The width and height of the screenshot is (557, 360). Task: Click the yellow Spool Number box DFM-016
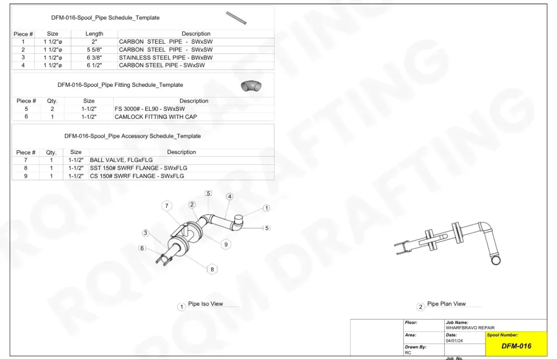tap(516, 344)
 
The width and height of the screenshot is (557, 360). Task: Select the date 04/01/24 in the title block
tap(454, 341)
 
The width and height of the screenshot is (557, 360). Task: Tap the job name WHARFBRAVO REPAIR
tap(470, 328)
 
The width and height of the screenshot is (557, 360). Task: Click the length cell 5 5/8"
tap(94, 50)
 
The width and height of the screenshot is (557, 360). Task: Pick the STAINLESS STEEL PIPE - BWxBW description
tap(166, 58)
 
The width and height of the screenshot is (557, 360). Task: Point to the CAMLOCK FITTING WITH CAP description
tap(155, 117)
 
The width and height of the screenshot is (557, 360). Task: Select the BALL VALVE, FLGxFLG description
tap(121, 160)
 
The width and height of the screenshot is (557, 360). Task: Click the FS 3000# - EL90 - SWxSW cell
tap(149, 109)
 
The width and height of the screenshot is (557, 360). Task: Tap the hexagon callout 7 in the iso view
tap(167, 206)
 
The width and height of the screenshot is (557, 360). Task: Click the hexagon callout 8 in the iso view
tap(212, 270)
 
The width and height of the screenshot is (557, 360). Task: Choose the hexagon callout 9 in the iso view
tap(226, 244)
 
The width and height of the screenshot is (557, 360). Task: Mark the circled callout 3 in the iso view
tap(145, 233)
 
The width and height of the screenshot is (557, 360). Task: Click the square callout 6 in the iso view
tap(142, 248)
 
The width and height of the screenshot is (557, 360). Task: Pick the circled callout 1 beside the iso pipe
tap(266, 208)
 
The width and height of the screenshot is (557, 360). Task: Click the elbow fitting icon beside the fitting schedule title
tap(251, 86)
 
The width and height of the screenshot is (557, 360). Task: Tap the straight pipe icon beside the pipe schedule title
tap(236, 18)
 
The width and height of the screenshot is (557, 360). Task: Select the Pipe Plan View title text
tap(447, 304)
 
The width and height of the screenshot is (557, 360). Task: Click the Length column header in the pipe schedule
tap(94, 34)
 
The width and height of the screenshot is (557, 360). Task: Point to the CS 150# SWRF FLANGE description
tap(137, 176)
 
